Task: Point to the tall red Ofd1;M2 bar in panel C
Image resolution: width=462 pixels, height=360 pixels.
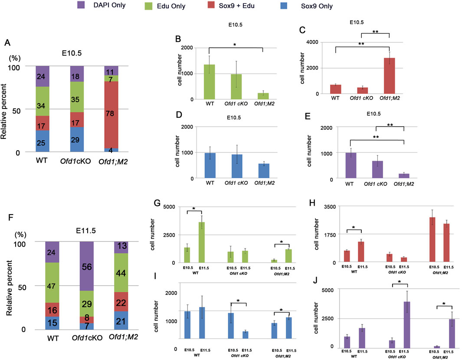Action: pyautogui.click(x=388, y=76)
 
